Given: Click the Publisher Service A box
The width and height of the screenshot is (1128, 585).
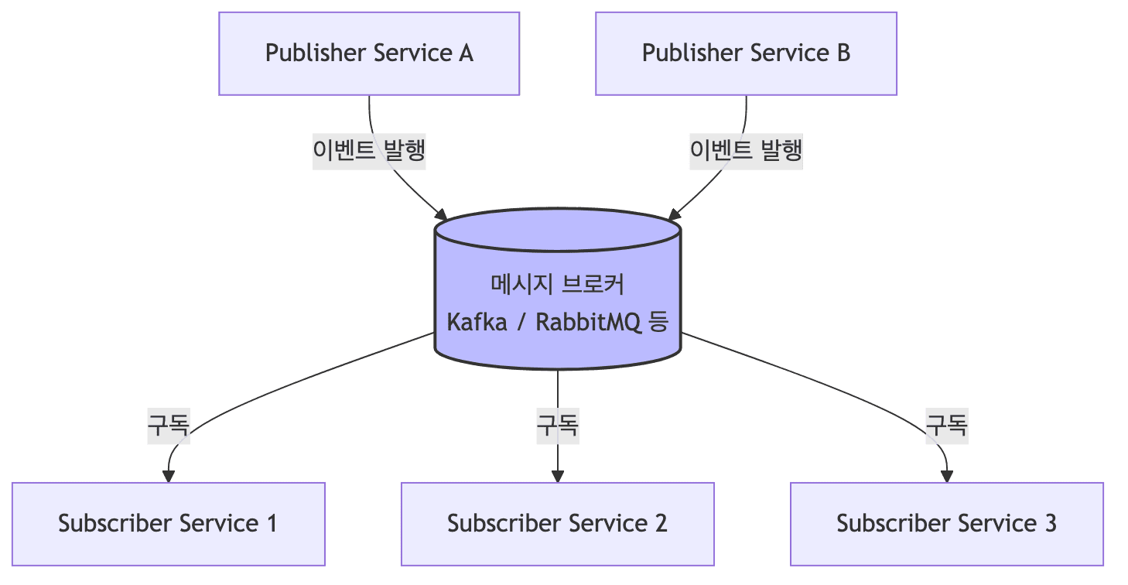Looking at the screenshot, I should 369,53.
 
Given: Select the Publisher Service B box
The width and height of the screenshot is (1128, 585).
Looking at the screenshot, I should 746,53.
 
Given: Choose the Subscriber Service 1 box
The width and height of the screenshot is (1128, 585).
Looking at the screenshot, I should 168,524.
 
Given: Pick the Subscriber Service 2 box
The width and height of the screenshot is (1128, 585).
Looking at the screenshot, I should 557,524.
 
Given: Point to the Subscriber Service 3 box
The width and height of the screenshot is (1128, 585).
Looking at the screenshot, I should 946,524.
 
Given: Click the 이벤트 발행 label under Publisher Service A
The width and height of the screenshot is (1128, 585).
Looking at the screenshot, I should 369,151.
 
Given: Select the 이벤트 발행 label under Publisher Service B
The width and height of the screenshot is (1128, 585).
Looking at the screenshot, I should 746,151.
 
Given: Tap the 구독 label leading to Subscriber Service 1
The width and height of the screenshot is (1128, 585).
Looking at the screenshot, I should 169,426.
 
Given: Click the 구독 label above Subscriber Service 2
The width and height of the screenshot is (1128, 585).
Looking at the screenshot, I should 558,426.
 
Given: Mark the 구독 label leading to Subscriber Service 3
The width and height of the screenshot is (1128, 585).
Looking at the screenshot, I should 947,426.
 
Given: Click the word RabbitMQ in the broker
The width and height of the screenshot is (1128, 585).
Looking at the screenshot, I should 588,321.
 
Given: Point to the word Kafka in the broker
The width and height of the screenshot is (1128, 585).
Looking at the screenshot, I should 477,321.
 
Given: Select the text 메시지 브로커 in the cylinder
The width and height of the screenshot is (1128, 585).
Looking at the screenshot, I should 557,284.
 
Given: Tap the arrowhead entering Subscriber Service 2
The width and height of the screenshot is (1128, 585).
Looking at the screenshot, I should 557,476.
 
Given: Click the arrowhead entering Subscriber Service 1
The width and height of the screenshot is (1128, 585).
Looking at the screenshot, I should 168,476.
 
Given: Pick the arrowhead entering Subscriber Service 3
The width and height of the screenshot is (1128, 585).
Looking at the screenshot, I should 947,476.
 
